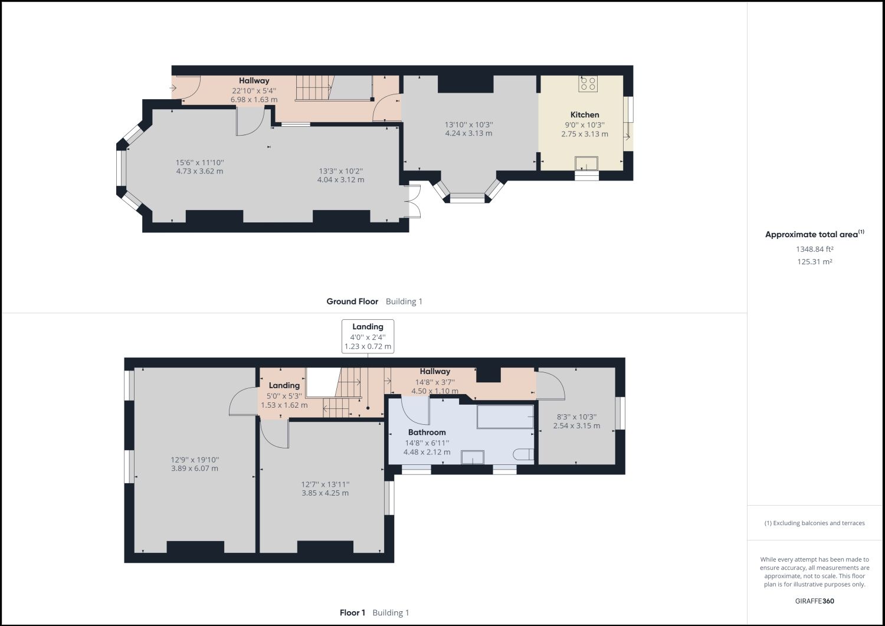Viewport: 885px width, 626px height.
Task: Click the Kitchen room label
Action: point(584,114)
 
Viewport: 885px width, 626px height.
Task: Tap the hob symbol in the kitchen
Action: point(588,83)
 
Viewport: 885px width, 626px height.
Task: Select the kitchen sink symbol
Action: point(586,163)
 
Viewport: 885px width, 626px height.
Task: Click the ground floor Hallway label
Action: point(254,81)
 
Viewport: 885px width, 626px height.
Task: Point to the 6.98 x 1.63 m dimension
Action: point(254,100)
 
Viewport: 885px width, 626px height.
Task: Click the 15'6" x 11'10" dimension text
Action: point(199,162)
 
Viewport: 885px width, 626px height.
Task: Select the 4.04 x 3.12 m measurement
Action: point(340,179)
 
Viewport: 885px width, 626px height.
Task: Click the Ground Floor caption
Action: point(352,301)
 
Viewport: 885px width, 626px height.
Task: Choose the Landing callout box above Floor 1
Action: point(368,336)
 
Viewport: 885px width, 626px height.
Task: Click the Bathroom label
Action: point(427,432)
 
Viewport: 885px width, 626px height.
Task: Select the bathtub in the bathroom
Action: point(505,417)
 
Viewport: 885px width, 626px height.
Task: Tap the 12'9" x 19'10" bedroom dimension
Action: point(195,460)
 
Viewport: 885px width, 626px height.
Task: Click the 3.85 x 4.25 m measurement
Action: point(325,493)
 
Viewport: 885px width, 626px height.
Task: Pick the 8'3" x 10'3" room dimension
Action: point(576,417)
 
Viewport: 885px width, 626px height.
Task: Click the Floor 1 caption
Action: point(352,612)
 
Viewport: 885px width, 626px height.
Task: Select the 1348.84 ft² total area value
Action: point(814,249)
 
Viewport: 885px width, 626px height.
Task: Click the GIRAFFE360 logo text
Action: point(814,601)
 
